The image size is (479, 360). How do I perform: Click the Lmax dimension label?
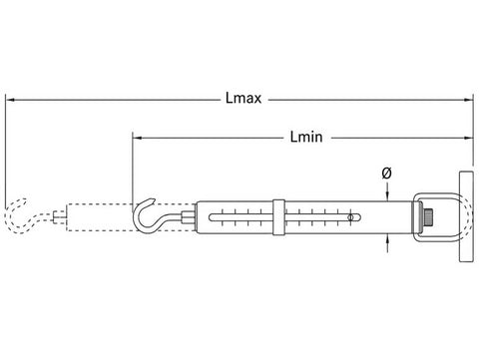[243, 99]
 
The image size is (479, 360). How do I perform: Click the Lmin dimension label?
[306, 137]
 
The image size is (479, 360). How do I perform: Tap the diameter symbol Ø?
[387, 174]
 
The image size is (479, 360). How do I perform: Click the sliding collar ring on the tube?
[278, 217]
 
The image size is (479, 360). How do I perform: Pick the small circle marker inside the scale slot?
[350, 217]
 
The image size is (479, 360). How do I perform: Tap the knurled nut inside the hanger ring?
[427, 217]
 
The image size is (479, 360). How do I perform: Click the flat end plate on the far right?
[466, 216]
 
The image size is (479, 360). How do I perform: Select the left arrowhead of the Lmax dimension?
[10, 100]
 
